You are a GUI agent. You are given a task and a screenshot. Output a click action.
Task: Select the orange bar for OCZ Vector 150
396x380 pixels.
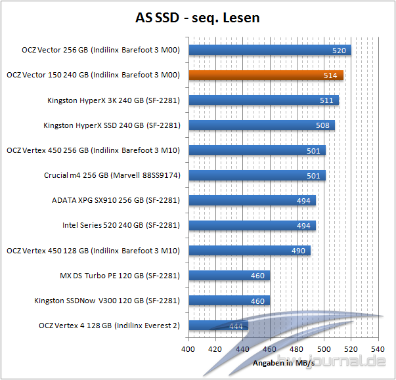point(265,75)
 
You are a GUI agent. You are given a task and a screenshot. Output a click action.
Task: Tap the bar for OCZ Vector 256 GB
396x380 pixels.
point(269,50)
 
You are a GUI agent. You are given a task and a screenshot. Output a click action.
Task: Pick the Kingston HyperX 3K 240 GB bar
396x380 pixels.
point(263,100)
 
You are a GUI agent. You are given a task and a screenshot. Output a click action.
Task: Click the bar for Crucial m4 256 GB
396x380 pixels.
point(257,175)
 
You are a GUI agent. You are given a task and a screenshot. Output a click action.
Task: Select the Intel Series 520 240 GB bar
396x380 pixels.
point(252,226)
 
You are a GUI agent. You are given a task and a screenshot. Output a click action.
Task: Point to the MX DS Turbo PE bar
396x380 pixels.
point(229,276)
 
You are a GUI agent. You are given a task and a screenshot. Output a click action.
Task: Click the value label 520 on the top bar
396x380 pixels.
point(340,51)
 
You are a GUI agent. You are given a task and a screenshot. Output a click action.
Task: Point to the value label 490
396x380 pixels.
point(299,251)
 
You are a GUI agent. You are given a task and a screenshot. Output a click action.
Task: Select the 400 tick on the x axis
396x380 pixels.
point(189,349)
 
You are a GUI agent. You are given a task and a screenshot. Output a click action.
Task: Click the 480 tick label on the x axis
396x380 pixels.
point(297,349)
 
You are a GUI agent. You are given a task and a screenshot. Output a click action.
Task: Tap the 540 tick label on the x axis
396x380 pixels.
point(378,349)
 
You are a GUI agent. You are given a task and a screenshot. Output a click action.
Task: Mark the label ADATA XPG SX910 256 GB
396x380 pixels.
point(116,201)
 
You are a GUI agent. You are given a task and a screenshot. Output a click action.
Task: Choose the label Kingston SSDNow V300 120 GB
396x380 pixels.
point(107,301)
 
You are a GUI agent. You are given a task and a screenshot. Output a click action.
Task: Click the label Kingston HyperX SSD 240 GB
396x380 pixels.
point(112,125)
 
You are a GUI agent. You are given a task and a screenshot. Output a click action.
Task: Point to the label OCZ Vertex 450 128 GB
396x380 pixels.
point(93,251)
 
